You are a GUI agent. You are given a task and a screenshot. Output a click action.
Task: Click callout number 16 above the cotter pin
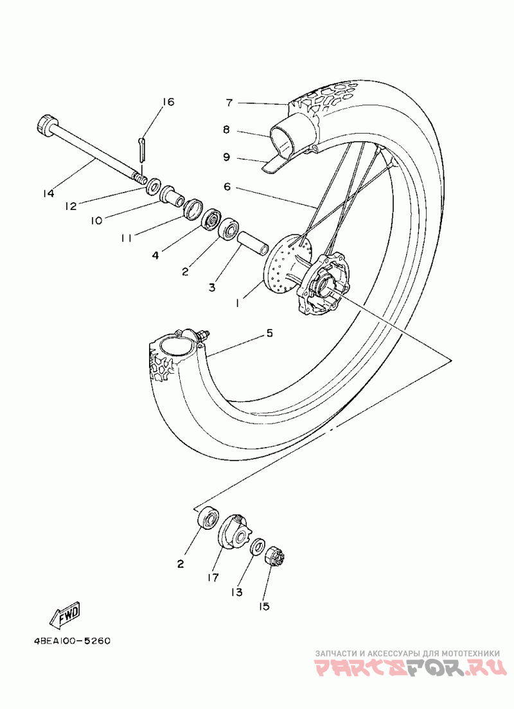[x=168, y=102]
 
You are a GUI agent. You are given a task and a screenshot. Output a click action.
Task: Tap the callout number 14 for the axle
[x=49, y=192]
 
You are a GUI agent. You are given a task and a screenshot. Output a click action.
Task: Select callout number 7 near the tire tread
[x=228, y=102]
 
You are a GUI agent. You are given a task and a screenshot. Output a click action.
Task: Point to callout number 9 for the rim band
[x=227, y=156]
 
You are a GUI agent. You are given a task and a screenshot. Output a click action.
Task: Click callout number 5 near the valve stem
[x=270, y=333]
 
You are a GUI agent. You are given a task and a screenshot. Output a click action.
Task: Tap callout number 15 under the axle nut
[x=265, y=606]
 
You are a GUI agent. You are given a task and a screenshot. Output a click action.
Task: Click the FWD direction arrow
[x=65, y=615]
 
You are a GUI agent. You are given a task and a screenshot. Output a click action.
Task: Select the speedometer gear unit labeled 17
[x=234, y=533]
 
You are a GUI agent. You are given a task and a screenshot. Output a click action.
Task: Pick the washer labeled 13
[x=257, y=546]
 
